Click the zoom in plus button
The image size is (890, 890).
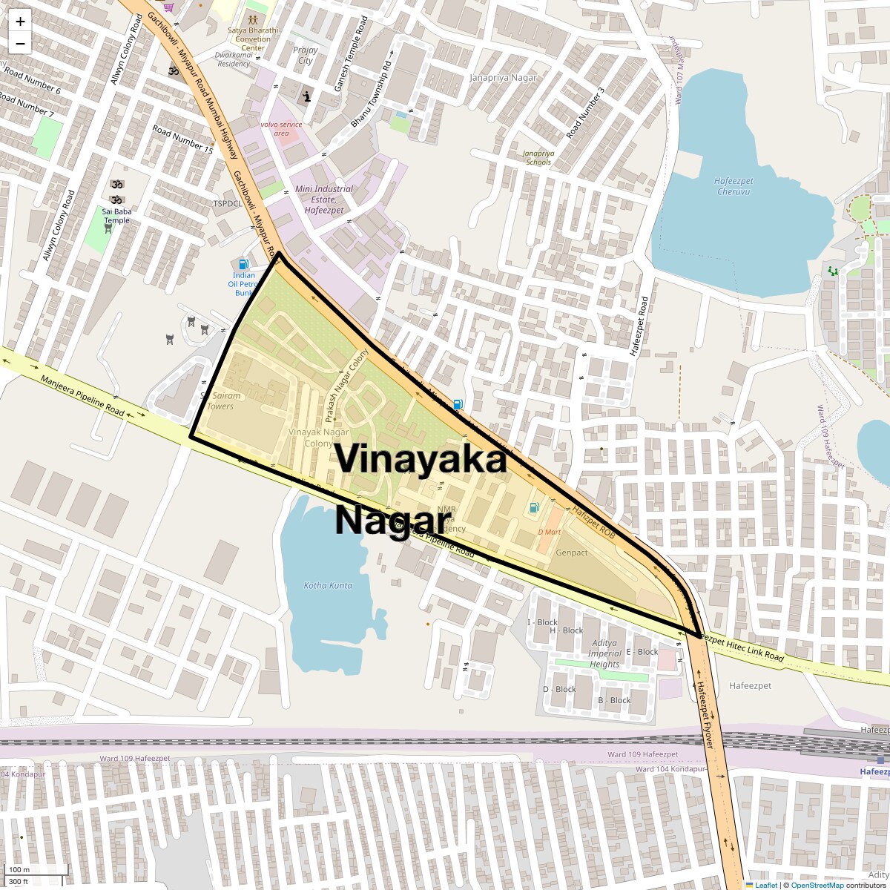coord(20,22)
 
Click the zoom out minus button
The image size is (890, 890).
coord(20,43)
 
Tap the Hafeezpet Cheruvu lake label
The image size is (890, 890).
coord(734,186)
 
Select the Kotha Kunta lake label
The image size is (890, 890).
coord(328,585)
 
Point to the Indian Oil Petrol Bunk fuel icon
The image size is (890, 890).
coord(243,264)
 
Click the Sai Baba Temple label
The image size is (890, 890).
coord(116,215)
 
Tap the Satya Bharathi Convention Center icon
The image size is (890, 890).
coord(253,19)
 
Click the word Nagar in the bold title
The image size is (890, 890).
coord(393,519)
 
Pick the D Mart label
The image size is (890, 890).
coord(550,532)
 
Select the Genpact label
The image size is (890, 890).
coord(572,553)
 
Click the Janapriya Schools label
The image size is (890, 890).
coord(538,157)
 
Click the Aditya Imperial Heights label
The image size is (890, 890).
coord(604,653)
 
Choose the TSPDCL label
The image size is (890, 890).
coord(228,203)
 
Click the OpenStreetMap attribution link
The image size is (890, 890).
coord(817,885)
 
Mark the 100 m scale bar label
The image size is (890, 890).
coord(19,869)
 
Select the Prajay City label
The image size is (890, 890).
coord(306,56)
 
